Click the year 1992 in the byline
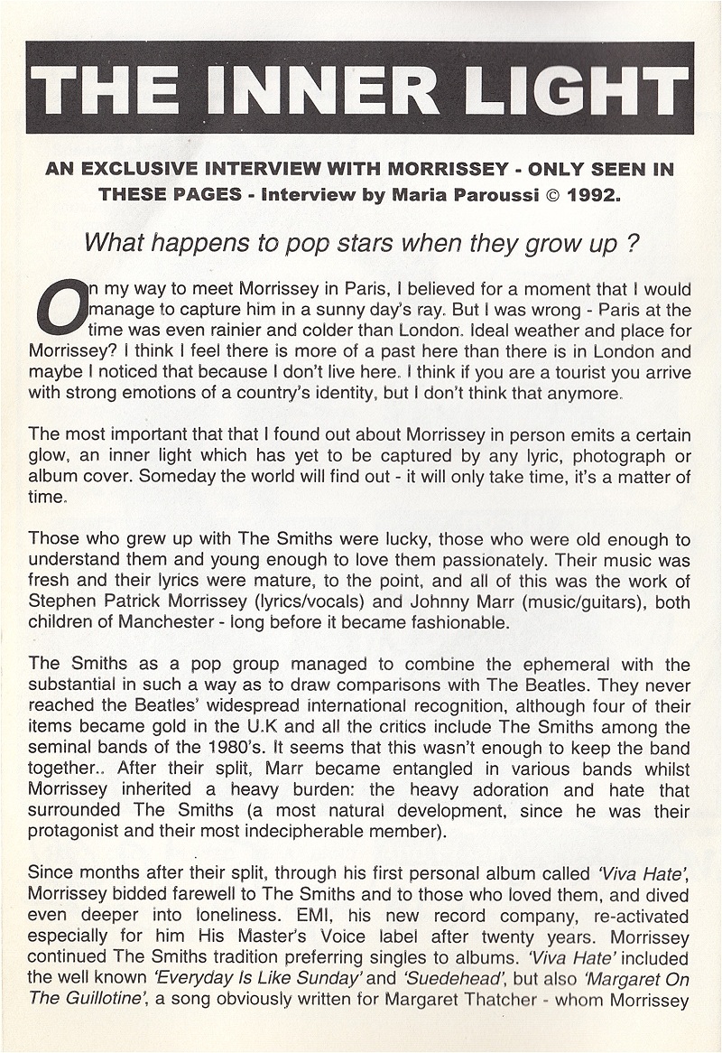[x=592, y=193]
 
